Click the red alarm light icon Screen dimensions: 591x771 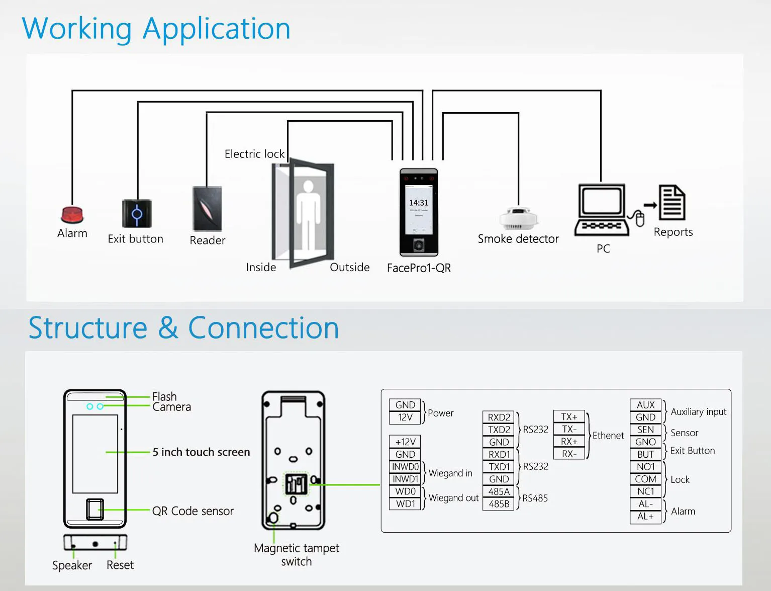(72, 215)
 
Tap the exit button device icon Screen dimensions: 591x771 (137, 214)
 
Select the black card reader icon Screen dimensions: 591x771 (208, 209)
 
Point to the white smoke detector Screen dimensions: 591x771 (519, 218)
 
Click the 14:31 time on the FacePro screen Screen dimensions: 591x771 (419, 203)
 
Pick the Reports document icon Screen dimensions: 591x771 (672, 203)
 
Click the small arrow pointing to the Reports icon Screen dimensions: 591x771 (650, 205)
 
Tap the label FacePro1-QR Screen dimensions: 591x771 (419, 268)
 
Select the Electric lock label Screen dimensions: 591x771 (254, 154)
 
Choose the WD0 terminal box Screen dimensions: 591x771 (405, 491)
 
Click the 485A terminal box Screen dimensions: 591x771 (499, 491)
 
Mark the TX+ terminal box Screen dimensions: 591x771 (569, 416)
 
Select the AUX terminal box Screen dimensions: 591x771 (645, 405)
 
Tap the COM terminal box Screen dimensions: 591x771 (645, 479)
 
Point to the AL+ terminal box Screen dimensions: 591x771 (645, 517)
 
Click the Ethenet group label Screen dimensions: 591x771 (608, 436)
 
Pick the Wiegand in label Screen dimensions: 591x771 (450, 473)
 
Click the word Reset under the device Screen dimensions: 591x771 (120, 565)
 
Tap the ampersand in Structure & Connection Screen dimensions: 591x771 (168, 328)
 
